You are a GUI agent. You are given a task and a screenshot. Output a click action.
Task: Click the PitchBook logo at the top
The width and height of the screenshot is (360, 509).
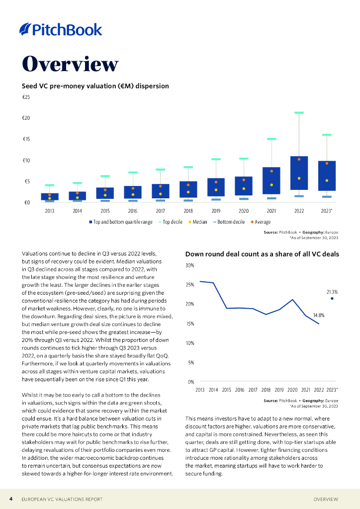tap(61, 30)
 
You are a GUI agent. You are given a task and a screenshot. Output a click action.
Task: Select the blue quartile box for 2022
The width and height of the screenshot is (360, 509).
tap(299, 173)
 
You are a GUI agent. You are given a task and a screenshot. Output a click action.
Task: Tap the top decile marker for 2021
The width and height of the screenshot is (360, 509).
tap(271, 139)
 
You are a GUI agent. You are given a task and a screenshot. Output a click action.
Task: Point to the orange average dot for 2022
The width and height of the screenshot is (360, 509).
tap(299, 159)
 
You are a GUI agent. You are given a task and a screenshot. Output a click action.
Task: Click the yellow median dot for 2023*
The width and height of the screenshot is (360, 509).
tap(327, 180)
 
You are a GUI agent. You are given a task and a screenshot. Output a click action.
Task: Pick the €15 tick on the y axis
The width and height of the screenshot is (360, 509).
tap(26, 139)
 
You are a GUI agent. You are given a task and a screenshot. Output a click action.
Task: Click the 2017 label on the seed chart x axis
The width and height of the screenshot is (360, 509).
tap(161, 211)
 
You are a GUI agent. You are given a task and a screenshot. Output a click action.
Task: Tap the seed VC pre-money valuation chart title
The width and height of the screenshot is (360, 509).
tap(95, 86)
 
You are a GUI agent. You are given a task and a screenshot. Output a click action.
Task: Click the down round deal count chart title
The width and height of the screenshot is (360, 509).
tap(262, 254)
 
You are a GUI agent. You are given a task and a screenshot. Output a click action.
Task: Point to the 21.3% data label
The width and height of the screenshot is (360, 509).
tap(332, 292)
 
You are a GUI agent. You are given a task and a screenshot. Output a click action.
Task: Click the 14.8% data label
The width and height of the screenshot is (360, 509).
tap(319, 315)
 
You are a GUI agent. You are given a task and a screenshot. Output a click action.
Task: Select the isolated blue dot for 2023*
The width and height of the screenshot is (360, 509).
tap(332, 299)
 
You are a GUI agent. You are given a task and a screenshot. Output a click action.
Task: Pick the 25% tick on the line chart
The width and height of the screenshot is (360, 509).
tap(190, 285)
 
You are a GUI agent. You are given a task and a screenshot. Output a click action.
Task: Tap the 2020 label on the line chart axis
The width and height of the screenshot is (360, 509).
tap(292, 390)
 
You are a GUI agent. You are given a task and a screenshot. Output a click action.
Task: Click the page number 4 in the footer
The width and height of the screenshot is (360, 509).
tap(11, 499)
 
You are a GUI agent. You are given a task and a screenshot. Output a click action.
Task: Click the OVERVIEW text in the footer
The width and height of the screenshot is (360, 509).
tap(326, 499)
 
